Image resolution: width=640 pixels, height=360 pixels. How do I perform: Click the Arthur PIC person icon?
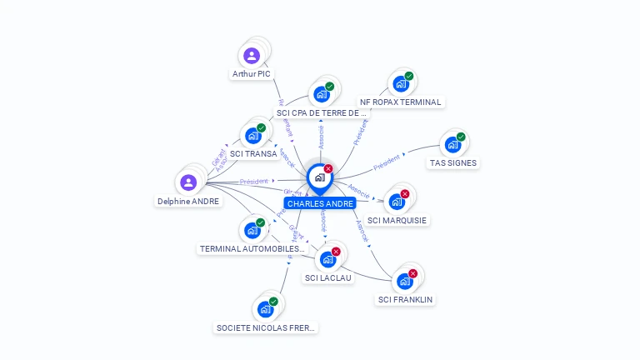point(252,56)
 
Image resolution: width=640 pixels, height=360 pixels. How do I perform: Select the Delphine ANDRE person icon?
point(188,182)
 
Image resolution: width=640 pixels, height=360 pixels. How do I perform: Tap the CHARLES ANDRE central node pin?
point(319,177)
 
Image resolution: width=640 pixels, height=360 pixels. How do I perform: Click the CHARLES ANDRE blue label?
point(320,203)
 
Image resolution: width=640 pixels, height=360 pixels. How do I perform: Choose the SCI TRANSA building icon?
point(252,136)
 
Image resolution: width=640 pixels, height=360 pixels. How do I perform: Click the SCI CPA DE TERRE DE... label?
point(321,112)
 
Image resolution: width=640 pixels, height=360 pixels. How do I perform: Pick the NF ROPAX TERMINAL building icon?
point(400,84)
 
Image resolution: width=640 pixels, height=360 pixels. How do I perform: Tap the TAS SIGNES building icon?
point(452,144)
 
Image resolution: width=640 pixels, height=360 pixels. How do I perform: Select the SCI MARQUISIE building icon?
point(397,202)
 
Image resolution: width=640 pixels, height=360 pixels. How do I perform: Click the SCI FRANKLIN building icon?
point(405,281)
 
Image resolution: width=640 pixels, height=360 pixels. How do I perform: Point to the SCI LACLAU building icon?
point(327,259)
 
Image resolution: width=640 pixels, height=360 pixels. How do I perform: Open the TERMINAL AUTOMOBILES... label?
point(253,248)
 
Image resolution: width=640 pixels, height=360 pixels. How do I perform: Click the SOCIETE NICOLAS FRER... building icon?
point(265,309)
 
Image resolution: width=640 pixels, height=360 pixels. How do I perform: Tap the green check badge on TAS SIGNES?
point(461,137)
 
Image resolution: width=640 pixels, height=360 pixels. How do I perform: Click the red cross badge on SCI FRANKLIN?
point(412,273)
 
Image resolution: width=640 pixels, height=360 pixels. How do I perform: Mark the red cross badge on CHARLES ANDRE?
point(328,168)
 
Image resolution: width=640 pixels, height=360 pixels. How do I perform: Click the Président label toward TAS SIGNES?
point(387,162)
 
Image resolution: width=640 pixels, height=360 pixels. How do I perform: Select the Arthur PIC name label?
point(252,73)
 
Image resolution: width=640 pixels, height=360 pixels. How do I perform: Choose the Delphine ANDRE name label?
point(188,201)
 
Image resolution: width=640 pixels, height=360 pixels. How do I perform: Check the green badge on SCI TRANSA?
point(261,127)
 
